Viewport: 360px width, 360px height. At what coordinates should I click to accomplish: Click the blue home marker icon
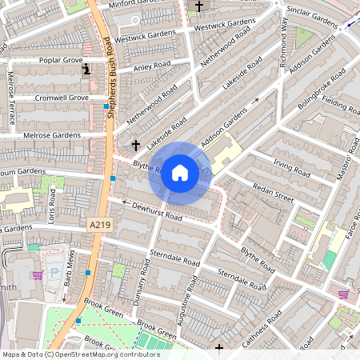pyautogui.click(x=180, y=172)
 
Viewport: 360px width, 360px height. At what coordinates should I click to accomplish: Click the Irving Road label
pyautogui.click(x=290, y=167)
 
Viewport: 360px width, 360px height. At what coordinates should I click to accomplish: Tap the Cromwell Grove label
pyautogui.click(x=62, y=98)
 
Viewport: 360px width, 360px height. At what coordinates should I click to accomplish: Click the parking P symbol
pyautogui.click(x=54, y=271)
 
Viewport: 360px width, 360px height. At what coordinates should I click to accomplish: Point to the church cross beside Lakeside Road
pyautogui.click(x=136, y=146)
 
